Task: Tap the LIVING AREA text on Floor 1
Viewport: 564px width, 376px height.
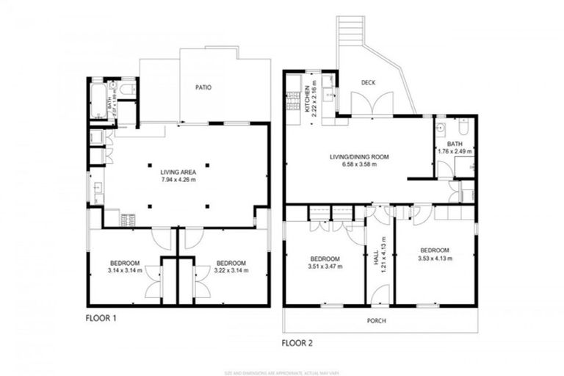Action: (x=178, y=171)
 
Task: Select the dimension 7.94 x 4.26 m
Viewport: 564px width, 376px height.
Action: (x=178, y=179)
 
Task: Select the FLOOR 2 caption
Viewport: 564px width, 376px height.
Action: (x=300, y=342)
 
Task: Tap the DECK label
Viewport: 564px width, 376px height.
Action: (x=369, y=82)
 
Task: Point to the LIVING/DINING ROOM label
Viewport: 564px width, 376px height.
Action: (x=358, y=156)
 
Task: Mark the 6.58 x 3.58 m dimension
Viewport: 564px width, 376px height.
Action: (x=358, y=164)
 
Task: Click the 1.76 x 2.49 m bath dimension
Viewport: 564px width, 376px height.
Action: (x=455, y=151)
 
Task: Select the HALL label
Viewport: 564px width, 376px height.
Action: (x=376, y=258)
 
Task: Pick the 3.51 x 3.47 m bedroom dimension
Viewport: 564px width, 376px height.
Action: (x=324, y=267)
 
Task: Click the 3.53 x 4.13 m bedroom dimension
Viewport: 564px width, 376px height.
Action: (x=435, y=258)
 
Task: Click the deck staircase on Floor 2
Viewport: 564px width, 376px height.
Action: (x=351, y=31)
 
